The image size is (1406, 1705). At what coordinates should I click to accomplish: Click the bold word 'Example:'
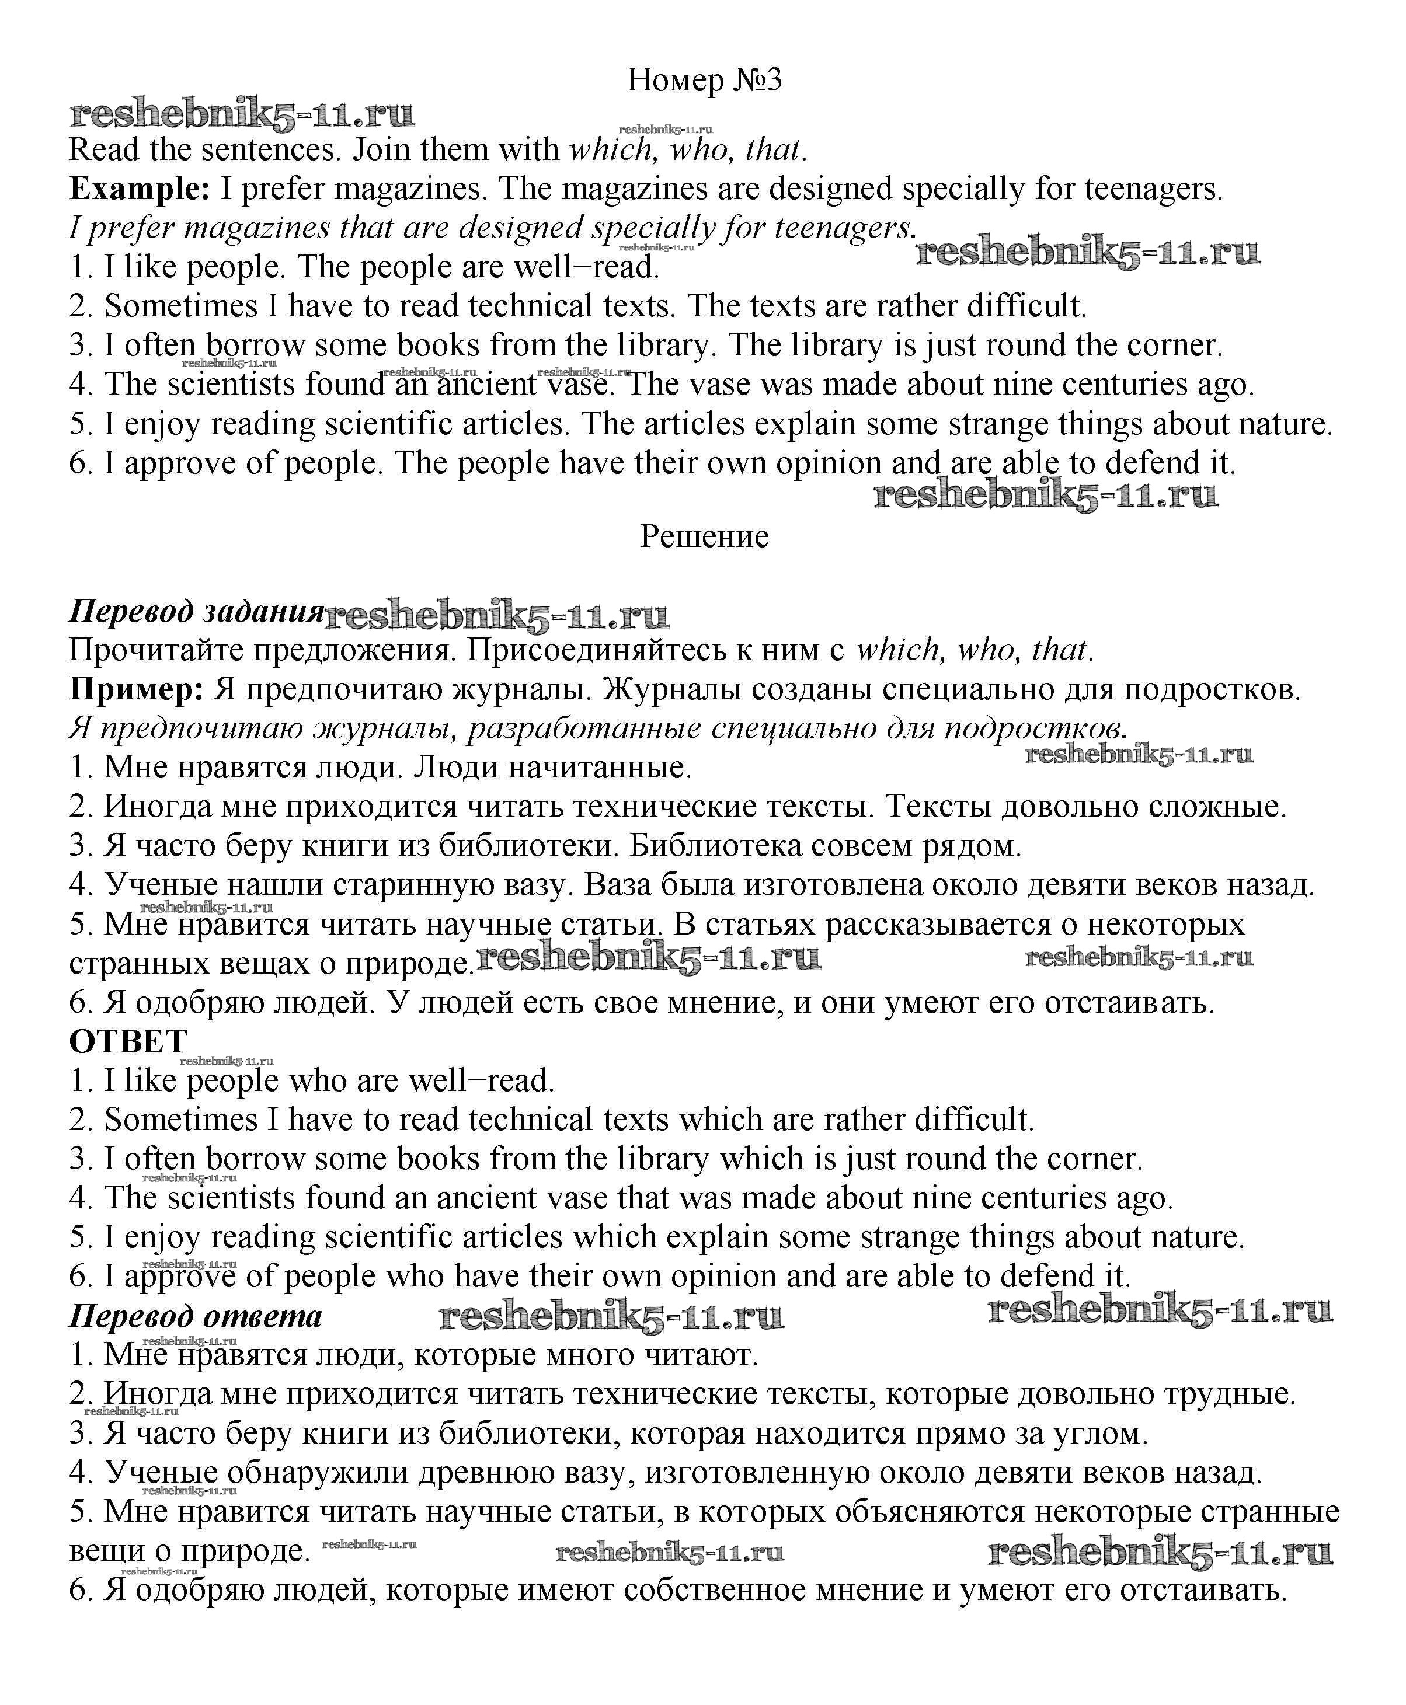(140, 190)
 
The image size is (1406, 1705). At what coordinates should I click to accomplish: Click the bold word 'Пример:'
(136, 690)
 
